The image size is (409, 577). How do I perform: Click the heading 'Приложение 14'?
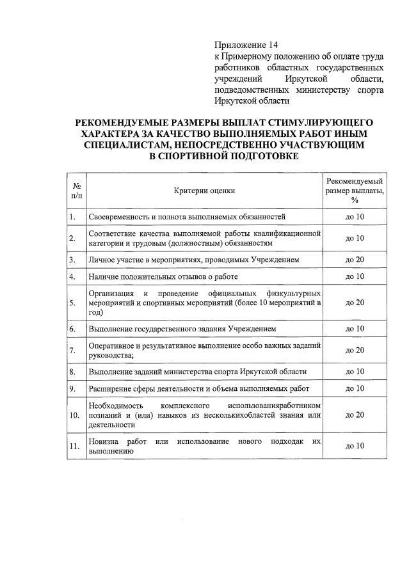(x=246, y=45)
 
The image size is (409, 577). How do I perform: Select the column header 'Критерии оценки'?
(x=204, y=191)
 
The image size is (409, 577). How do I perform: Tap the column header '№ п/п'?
(x=76, y=190)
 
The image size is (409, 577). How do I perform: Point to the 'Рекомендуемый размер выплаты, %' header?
(x=355, y=191)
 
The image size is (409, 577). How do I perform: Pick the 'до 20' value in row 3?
(x=355, y=260)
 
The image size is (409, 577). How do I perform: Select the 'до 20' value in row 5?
(x=355, y=303)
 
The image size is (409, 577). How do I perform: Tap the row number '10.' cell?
(x=75, y=416)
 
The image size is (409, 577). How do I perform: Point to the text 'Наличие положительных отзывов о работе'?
(x=163, y=276)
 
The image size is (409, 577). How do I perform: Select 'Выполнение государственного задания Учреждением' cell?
(x=182, y=329)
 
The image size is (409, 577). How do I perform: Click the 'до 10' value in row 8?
(x=355, y=372)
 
